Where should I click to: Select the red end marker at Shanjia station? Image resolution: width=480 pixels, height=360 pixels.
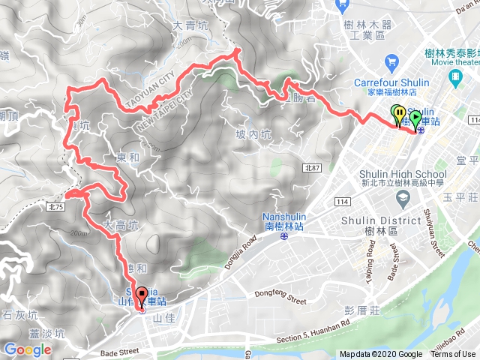click(x=142, y=295)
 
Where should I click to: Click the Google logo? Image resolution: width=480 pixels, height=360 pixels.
click(x=27, y=349)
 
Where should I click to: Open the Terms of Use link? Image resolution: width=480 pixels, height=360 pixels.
click(x=452, y=355)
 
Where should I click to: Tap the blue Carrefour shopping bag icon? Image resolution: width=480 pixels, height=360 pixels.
click(x=391, y=61)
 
